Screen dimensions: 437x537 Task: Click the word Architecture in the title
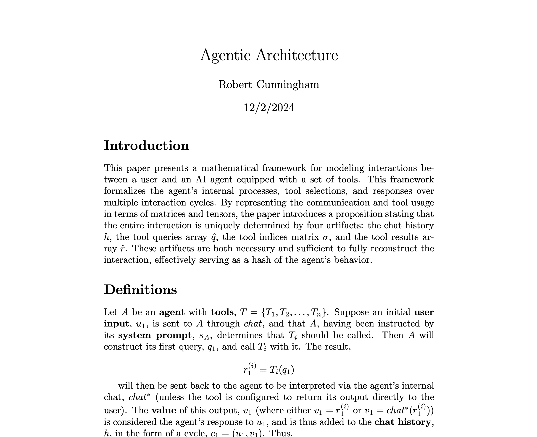pyautogui.click(x=297, y=55)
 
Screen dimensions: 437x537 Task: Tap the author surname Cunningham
pyautogui.click(x=288, y=84)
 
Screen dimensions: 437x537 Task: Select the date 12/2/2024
pyautogui.click(x=269, y=108)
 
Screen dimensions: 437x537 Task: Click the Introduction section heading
pyautogui.click(x=146, y=145)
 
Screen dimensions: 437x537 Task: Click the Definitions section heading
pyautogui.click(x=140, y=290)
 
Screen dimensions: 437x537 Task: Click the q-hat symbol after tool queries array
pyautogui.click(x=213, y=237)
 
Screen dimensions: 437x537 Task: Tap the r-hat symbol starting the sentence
pyautogui.click(x=123, y=249)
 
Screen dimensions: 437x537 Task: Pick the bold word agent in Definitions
pyautogui.click(x=172, y=312)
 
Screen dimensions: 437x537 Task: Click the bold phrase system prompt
pyautogui.click(x=155, y=335)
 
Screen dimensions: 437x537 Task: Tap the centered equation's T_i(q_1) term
pyautogui.click(x=282, y=370)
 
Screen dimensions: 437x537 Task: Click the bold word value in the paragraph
pyautogui.click(x=164, y=410)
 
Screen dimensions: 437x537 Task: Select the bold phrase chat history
pyautogui.click(x=403, y=422)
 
